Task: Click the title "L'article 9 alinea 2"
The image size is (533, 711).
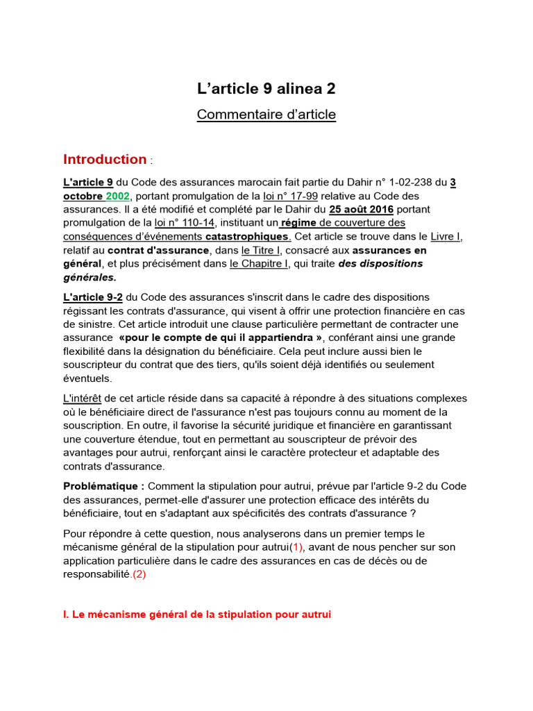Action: coord(266,88)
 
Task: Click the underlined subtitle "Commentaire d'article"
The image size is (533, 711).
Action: coord(266,115)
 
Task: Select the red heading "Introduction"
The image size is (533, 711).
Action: coord(105,159)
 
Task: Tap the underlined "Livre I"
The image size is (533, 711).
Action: coord(446,236)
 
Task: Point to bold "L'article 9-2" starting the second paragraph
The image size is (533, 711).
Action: coord(93,297)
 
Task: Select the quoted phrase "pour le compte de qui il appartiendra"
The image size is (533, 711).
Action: coord(221,337)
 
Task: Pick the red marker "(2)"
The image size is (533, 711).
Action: coord(139,574)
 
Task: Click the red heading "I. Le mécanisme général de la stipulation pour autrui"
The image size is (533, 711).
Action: coord(197,614)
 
